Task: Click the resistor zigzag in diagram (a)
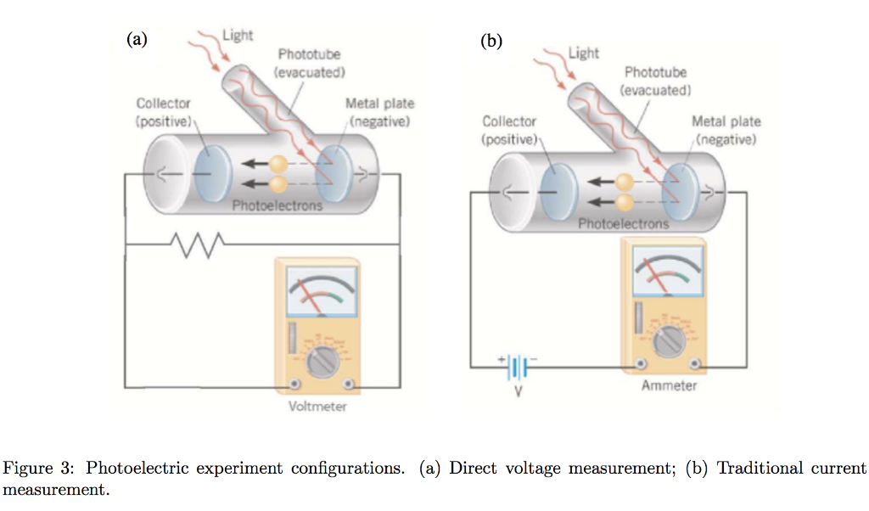tap(196, 244)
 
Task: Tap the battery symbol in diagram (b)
tap(518, 368)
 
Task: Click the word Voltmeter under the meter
tap(317, 407)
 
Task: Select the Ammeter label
tap(669, 386)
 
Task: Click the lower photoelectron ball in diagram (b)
tap(625, 202)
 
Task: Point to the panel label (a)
tap(137, 38)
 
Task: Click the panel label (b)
tap(491, 40)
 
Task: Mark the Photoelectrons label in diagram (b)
tap(624, 224)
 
